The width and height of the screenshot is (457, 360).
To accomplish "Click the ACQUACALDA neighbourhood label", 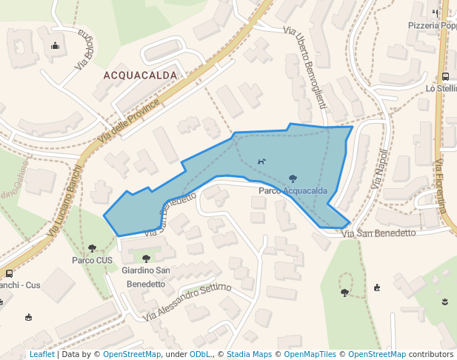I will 141,76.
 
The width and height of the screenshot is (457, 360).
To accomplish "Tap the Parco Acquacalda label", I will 293,191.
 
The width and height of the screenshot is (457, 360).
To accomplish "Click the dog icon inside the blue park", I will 261,161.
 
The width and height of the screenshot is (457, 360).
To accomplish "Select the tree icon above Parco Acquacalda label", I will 293,179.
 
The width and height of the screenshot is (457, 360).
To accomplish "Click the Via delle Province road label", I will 129,121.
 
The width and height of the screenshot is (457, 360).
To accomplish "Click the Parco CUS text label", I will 92,261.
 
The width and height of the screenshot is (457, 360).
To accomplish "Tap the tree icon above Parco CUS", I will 92,249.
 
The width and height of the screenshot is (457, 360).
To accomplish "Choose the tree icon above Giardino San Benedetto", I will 146,259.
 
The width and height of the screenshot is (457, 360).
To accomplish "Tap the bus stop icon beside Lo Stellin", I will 444,76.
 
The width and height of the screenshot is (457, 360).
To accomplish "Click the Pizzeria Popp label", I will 432,25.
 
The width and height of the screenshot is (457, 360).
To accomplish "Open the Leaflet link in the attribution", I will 41,354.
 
